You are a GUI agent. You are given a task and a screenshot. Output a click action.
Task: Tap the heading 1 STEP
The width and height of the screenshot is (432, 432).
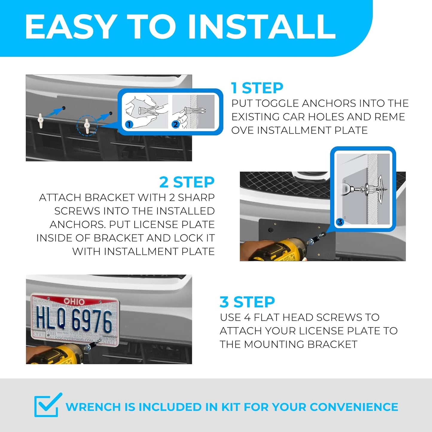point(257,88)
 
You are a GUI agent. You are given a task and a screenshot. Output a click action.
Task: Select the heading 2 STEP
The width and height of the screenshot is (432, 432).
point(187,182)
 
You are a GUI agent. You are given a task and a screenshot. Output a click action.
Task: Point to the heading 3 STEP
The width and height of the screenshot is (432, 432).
point(247,302)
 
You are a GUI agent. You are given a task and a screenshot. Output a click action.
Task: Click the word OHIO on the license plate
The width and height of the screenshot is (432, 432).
point(74,301)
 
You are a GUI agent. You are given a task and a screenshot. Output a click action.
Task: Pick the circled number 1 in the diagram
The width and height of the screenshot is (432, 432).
point(129,124)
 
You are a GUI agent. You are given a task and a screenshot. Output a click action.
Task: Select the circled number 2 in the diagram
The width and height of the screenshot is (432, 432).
point(175,124)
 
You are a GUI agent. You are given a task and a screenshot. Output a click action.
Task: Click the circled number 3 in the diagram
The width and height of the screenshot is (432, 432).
point(340,222)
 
